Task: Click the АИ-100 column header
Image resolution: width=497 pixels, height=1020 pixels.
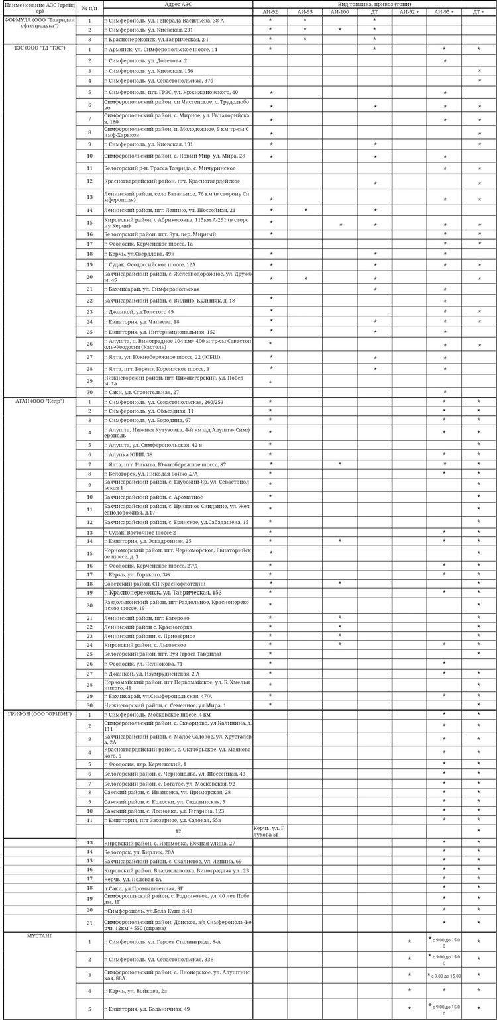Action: coord(339,12)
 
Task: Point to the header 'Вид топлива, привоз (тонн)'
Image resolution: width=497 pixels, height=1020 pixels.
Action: coord(374,4)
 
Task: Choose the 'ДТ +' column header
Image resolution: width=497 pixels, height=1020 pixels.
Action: coord(478,12)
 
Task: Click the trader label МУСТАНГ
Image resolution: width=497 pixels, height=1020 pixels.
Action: coord(40,936)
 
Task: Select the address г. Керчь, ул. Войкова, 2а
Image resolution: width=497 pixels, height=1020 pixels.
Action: coord(135,991)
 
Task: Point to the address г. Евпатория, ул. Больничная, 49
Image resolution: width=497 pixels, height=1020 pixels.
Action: coord(146,1009)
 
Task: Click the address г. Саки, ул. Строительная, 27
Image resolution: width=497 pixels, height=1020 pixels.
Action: coord(142,392)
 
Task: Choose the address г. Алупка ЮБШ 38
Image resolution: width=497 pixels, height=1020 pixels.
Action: coord(129,454)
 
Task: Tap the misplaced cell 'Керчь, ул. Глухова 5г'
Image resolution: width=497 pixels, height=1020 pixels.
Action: coord(270,831)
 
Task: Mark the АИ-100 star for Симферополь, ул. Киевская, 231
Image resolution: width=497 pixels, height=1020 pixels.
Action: coord(340,30)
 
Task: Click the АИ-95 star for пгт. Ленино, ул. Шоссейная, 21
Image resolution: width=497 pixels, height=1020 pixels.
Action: coord(305,210)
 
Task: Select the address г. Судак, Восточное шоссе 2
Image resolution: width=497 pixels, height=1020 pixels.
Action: coord(140,532)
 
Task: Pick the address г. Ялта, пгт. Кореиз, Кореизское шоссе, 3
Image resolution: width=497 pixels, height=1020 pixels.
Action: coord(156,369)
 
